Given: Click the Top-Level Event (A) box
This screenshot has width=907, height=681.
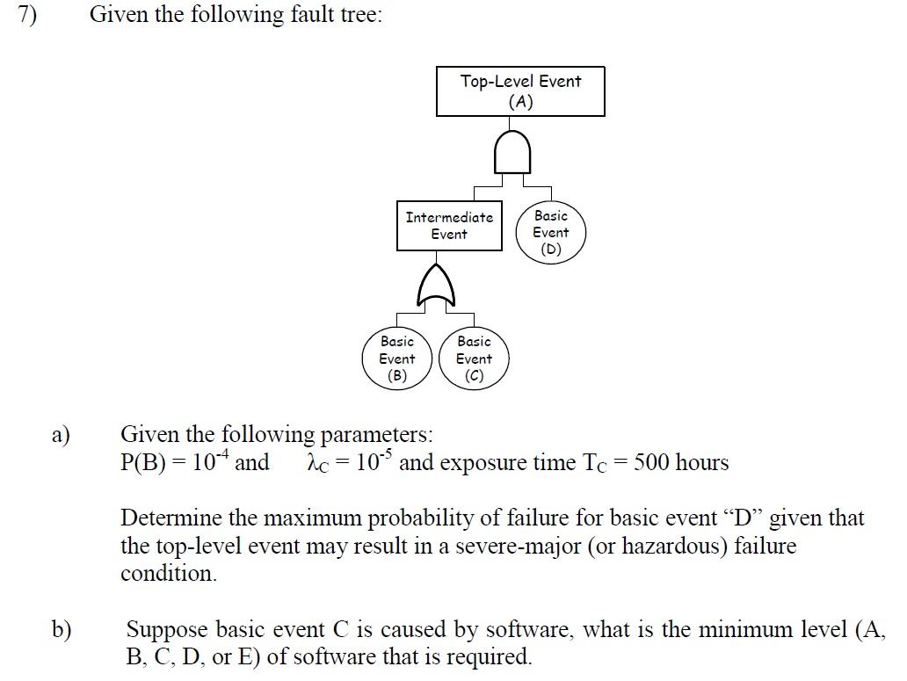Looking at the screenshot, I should click(520, 91).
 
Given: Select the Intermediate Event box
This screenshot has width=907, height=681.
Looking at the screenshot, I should click(449, 226).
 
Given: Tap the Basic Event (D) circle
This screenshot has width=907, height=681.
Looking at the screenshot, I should click(551, 233).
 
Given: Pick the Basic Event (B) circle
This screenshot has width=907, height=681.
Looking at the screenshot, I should click(397, 359).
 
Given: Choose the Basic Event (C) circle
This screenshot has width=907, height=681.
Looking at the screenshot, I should click(474, 359).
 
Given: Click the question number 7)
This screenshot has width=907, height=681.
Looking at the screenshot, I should click(28, 16).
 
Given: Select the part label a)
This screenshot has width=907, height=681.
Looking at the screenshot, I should click(61, 435).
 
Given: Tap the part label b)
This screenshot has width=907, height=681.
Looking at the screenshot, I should click(62, 629).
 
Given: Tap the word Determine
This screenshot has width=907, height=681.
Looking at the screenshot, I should click(163, 518).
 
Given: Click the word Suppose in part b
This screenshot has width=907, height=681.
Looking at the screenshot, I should click(167, 629).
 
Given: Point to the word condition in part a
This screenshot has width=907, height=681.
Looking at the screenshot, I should click(167, 574).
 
